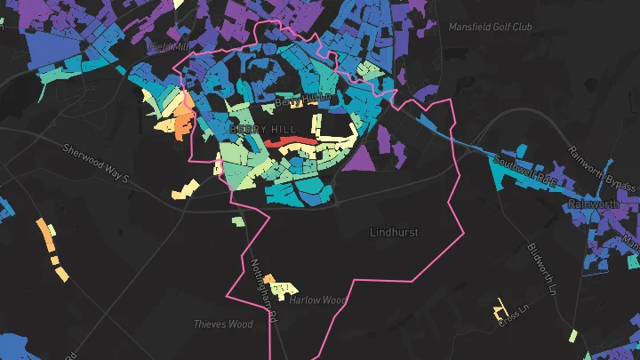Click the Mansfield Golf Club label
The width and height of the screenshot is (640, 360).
490,28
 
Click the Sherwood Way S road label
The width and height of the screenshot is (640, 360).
96,162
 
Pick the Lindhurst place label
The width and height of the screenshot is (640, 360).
394,232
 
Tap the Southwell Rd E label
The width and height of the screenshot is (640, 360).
524,170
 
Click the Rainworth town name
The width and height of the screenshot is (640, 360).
593,204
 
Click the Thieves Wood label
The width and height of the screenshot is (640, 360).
222,324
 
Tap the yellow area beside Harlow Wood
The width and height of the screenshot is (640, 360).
282,289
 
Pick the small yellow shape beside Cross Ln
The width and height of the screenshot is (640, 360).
500,310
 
